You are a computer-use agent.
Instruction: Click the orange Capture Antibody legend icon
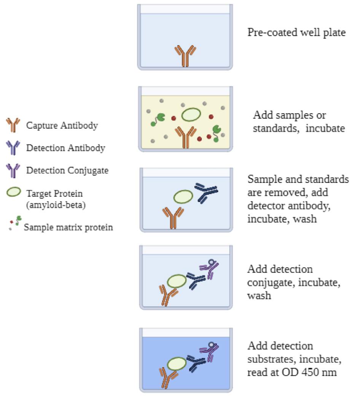click(x=12, y=124)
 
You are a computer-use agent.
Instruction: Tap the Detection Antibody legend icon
click(x=12, y=147)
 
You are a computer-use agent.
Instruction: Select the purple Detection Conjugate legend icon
click(x=12, y=170)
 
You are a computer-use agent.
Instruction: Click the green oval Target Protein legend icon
click(x=13, y=192)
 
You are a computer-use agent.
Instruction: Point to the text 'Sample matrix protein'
click(x=68, y=228)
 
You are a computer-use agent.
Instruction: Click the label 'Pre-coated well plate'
click(x=296, y=33)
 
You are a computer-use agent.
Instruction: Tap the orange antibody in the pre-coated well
click(x=185, y=56)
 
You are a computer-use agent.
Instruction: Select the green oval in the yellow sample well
click(x=191, y=114)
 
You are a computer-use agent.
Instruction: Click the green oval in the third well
click(x=183, y=197)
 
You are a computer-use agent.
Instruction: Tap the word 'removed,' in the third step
click(x=263, y=193)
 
